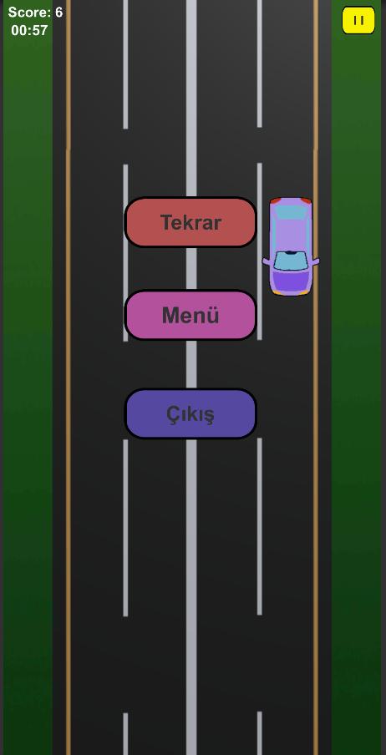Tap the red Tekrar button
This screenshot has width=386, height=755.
pyautogui.click(x=190, y=222)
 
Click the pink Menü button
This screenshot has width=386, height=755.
pyautogui.click(x=190, y=315)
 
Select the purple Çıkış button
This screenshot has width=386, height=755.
pyautogui.click(x=190, y=413)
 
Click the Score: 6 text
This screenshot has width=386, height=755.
pyautogui.click(x=35, y=13)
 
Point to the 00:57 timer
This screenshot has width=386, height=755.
pyautogui.click(x=29, y=30)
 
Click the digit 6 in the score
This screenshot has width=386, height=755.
pyautogui.click(x=58, y=13)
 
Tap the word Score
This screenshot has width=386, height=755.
pyautogui.click(x=28, y=13)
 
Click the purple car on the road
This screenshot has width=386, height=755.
pyautogui.click(x=291, y=246)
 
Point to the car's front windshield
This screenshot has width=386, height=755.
pyautogui.click(x=291, y=261)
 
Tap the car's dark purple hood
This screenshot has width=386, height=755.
pyautogui.click(x=291, y=281)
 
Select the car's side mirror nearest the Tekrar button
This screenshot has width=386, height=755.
pyautogui.click(x=266, y=262)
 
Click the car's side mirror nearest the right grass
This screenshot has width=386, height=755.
pyautogui.click(x=315, y=262)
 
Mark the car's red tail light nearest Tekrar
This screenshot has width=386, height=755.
pyautogui.click(x=275, y=200)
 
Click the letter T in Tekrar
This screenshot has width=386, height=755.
pyautogui.click(x=166, y=222)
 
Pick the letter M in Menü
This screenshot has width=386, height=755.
pyautogui.click(x=170, y=316)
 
